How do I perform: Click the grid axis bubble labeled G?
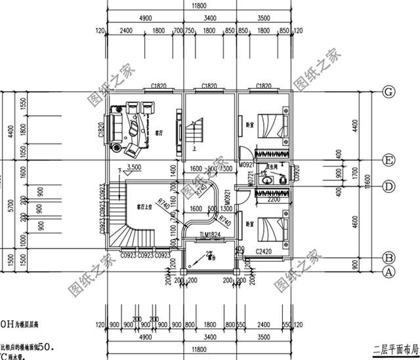pyautogui.click(x=388, y=92)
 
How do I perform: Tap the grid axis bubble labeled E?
pyautogui.click(x=388, y=160)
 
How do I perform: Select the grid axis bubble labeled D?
pyautogui.click(x=388, y=188)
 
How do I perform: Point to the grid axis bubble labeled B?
pyautogui.click(x=388, y=258)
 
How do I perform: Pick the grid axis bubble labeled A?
pyautogui.click(x=388, y=270)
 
